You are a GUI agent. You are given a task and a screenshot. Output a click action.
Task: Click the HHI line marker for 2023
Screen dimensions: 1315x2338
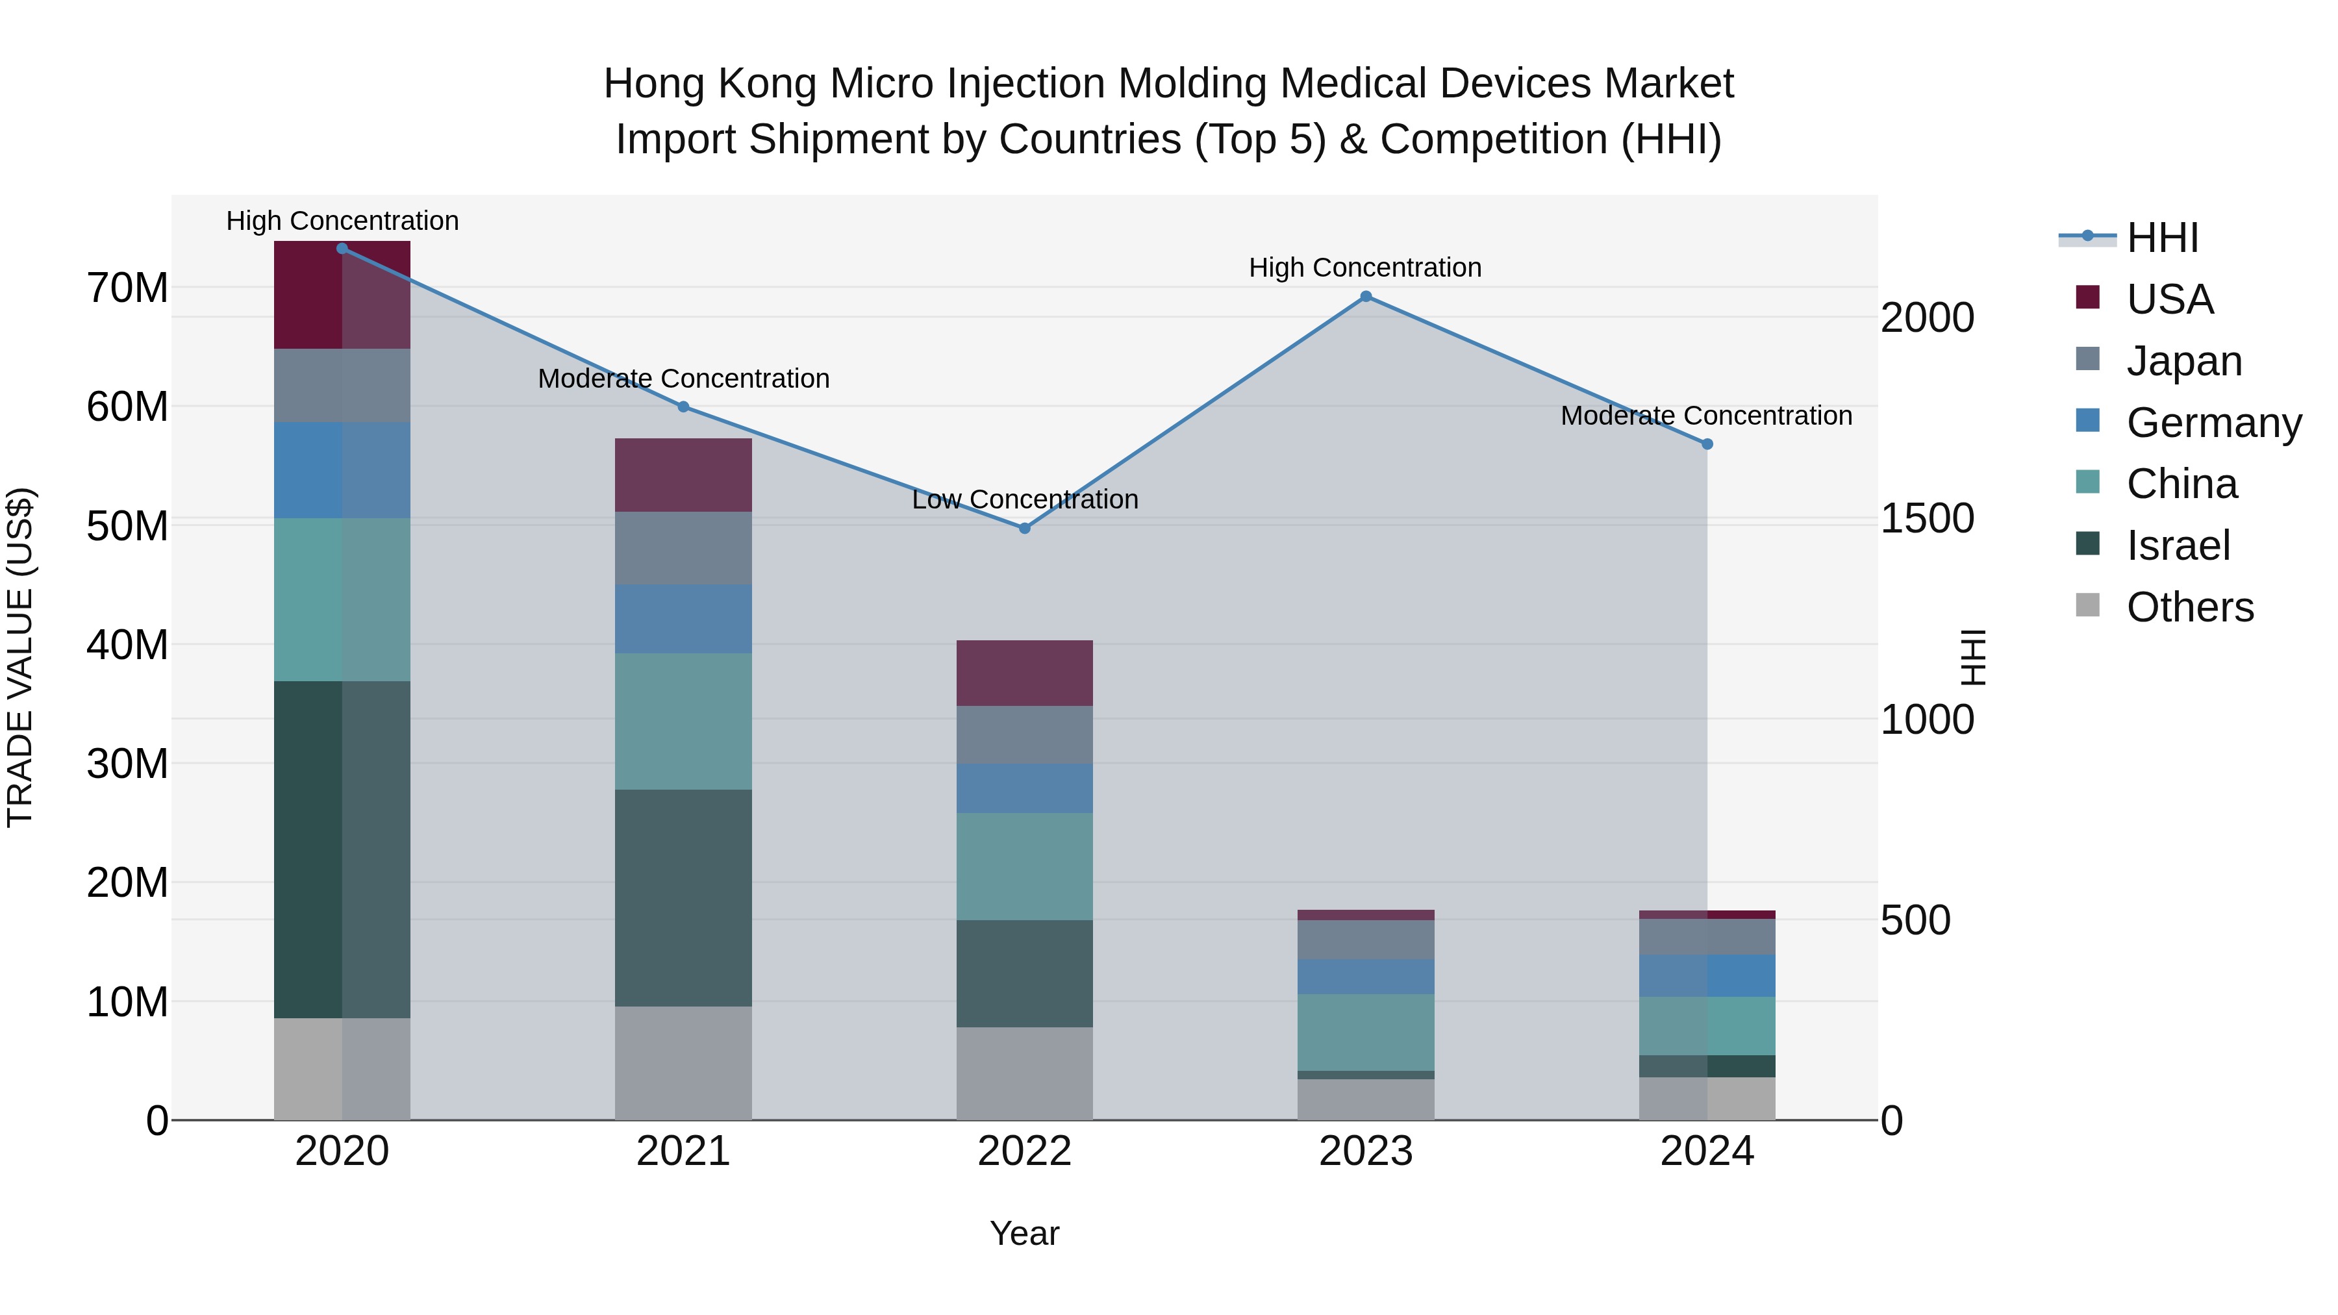coord(1366,297)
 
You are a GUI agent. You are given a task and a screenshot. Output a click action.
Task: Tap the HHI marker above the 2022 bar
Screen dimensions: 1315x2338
coord(1025,528)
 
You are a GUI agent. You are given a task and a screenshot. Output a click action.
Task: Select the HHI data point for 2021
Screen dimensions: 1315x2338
coord(683,407)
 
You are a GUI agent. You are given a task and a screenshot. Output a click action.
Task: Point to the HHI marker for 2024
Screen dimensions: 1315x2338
coord(1707,444)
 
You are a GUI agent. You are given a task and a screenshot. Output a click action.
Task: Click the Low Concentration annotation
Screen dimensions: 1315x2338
coord(1025,500)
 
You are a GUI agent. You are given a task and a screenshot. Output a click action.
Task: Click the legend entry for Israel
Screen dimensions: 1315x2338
coord(2178,545)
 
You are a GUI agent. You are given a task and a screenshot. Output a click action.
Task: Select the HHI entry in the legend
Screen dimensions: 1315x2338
coord(2162,238)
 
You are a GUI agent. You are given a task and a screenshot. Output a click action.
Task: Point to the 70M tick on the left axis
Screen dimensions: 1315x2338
coord(127,288)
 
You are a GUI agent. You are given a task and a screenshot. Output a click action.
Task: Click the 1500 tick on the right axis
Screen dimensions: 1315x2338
coord(1927,519)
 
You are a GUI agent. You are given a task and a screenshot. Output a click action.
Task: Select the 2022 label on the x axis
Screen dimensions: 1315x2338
coord(1025,1151)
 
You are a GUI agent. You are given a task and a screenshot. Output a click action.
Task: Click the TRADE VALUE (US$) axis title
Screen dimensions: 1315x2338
coord(20,657)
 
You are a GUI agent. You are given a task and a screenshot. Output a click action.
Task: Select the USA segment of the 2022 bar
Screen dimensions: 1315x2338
coord(1025,673)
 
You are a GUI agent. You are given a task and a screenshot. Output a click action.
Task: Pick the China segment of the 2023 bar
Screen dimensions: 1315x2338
coord(1366,1032)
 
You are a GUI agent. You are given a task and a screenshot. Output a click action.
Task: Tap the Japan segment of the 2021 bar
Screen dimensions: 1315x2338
coord(683,548)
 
